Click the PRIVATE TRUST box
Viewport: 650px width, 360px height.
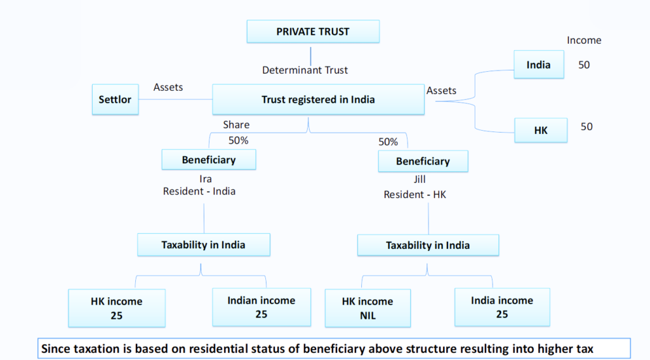[x=313, y=31]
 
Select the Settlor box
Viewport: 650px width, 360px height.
[x=115, y=100]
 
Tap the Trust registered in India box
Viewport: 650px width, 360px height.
[x=318, y=99]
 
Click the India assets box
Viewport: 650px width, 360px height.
[x=538, y=65]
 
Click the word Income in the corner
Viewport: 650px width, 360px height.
[x=583, y=40]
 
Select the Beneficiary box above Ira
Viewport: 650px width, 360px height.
[x=209, y=160]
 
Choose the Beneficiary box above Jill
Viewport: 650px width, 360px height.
[x=423, y=161]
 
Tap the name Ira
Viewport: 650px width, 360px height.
[x=206, y=179]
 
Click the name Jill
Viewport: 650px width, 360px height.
[x=419, y=180]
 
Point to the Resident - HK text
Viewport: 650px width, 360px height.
[x=415, y=194]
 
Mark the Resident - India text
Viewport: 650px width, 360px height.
[x=199, y=191]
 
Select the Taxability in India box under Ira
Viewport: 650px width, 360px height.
[x=204, y=244]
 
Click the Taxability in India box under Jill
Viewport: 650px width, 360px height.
[x=428, y=246]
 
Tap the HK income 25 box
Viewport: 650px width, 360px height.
[x=117, y=308]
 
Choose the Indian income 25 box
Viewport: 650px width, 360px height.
[x=262, y=307]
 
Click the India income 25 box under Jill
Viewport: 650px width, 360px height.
[x=502, y=307]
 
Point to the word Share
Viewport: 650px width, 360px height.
[x=236, y=125]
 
